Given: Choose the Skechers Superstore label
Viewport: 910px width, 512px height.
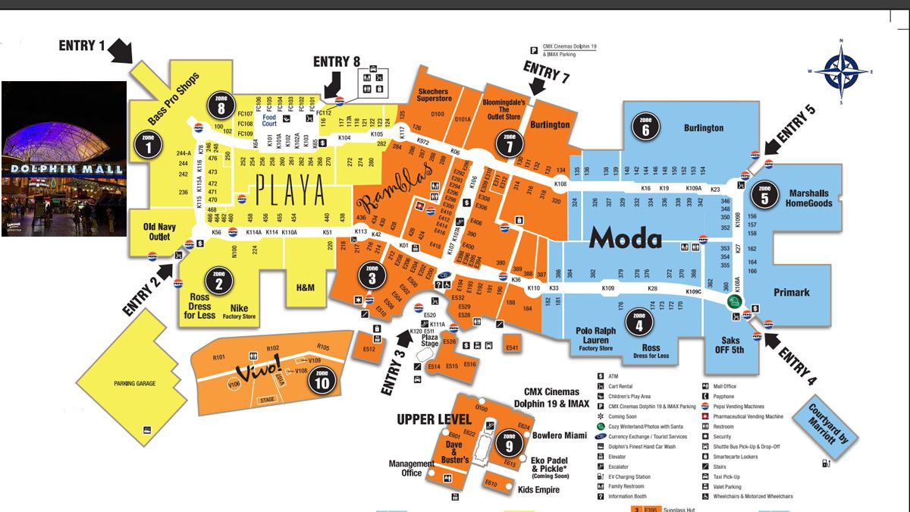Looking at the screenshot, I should click(434, 96).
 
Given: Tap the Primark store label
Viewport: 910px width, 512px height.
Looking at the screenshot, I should click(792, 292).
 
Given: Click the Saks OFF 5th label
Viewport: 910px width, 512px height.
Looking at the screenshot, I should click(730, 346).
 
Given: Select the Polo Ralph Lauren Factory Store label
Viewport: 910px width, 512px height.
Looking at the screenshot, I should click(595, 340).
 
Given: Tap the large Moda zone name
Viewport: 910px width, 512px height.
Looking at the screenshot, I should click(626, 238).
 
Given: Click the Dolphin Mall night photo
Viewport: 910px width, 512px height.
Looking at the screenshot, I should click(64, 159).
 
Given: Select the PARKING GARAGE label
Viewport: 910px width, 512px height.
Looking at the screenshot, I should click(134, 384).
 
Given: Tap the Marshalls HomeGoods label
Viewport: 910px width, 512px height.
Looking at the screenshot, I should click(808, 198).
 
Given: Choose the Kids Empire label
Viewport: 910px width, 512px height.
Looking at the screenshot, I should click(538, 490).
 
